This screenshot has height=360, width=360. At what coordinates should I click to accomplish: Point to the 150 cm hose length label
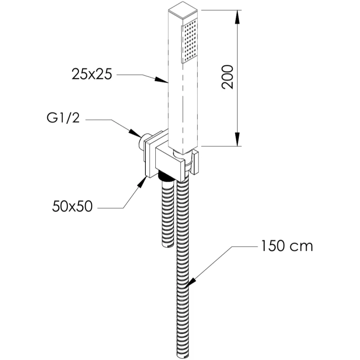click(x=285, y=247)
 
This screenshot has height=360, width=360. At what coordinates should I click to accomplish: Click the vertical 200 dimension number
click(x=228, y=77)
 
